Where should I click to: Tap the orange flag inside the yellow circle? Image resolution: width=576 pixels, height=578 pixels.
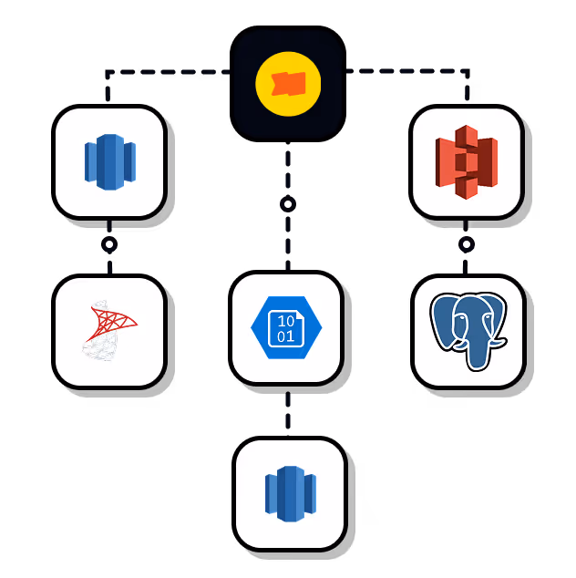click(x=288, y=84)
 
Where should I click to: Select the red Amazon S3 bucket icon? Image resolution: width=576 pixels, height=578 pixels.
click(x=467, y=162)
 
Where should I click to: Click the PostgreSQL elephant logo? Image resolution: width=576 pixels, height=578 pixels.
click(x=468, y=330)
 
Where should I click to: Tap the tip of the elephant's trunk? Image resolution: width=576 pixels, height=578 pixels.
click(x=477, y=365)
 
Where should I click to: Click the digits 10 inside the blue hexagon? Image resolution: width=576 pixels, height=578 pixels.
click(x=286, y=321)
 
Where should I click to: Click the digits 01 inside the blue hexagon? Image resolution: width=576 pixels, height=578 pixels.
click(x=286, y=337)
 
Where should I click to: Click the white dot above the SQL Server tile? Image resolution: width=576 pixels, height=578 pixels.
click(x=109, y=244)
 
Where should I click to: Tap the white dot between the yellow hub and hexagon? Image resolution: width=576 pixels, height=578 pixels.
click(x=288, y=204)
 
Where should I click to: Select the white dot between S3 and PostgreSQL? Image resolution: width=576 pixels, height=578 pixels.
click(x=467, y=244)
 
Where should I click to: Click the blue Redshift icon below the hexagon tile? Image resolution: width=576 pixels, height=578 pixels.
click(x=290, y=494)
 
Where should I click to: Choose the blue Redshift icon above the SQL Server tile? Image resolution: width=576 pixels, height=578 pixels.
click(x=109, y=162)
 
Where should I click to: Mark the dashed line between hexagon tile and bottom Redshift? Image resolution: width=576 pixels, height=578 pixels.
click(x=288, y=410)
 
